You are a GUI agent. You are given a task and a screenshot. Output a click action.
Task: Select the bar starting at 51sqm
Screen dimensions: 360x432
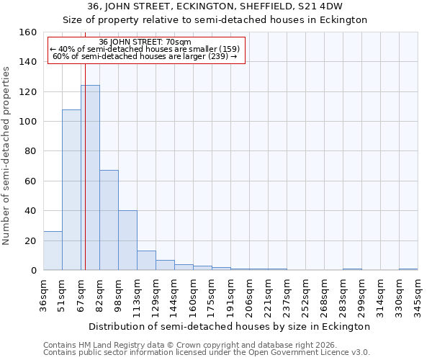click(x=71, y=190)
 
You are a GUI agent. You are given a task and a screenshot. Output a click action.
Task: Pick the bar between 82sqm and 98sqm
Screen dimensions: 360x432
click(x=109, y=220)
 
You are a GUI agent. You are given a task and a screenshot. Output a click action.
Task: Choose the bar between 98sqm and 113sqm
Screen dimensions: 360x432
click(x=127, y=240)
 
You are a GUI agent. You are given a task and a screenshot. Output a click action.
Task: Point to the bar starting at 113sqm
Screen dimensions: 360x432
click(x=146, y=261)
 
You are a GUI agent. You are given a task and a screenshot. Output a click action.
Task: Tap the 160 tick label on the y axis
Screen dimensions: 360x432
click(x=27, y=32)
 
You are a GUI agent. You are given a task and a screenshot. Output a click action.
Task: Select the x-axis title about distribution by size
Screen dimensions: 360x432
click(x=230, y=326)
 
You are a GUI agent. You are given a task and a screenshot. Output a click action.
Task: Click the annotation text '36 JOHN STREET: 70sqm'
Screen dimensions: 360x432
click(x=145, y=42)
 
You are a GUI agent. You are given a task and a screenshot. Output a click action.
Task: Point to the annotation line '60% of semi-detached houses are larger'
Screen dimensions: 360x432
click(x=145, y=56)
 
